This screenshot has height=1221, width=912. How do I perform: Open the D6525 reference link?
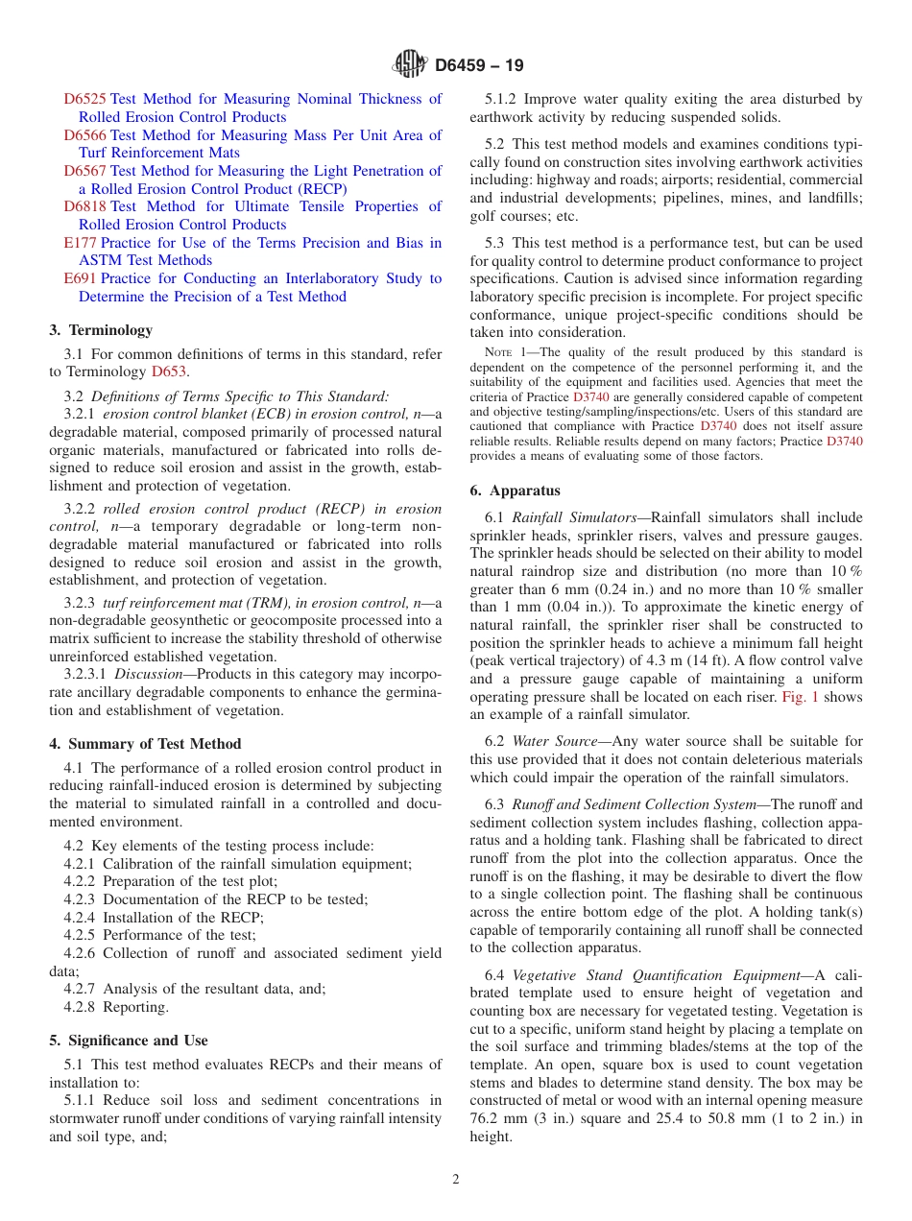84,99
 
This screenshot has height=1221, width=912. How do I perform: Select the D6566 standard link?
84,135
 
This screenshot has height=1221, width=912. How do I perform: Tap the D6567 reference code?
84,171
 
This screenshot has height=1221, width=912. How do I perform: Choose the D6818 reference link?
84,206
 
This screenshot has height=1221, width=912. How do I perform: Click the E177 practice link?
80,243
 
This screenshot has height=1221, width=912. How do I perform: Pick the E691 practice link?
80,278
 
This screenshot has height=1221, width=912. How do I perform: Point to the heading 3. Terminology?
101,330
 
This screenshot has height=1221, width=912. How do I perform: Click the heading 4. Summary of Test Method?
145,744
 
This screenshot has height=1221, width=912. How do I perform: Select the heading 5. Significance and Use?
128,1041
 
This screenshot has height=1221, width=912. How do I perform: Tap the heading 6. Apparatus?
515,491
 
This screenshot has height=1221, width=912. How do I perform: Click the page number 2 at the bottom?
456,1180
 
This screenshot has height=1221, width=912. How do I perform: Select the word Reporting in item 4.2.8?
135,1007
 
